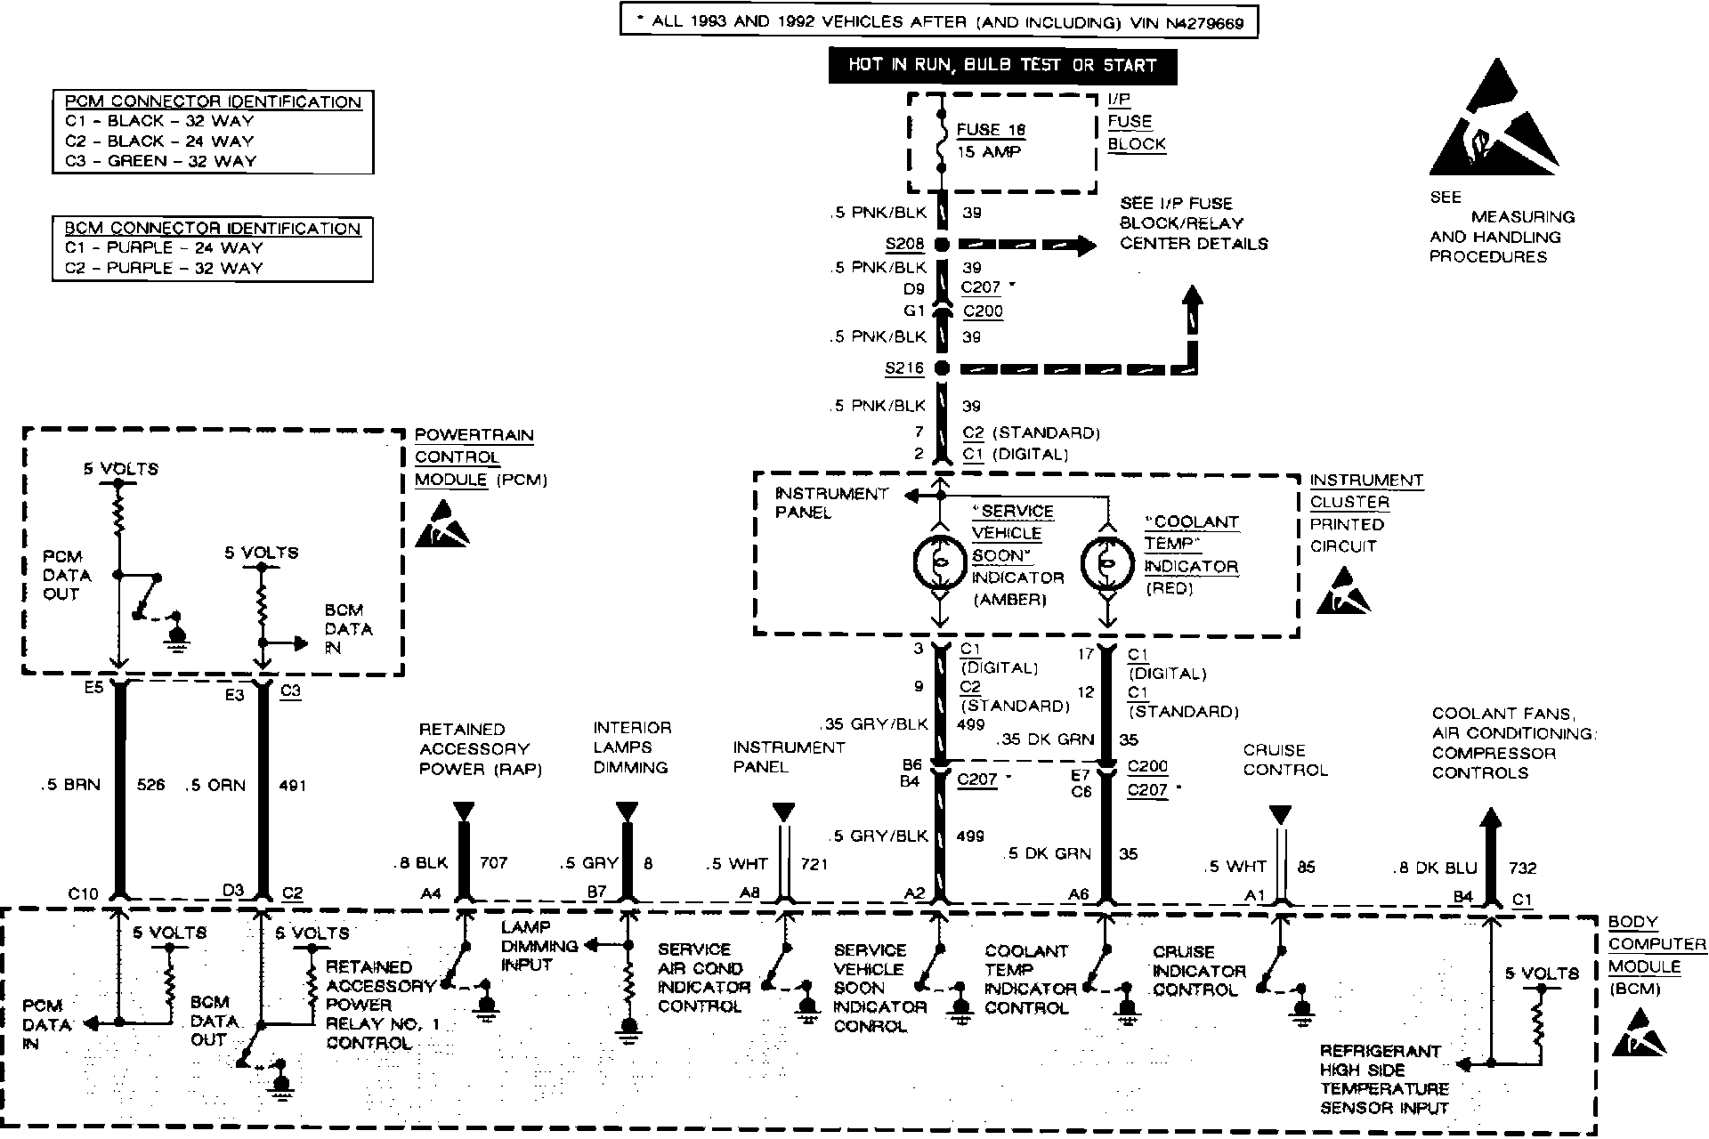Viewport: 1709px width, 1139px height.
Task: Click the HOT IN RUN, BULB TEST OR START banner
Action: pyautogui.click(x=1001, y=65)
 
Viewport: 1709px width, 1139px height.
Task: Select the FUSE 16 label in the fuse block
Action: pyautogui.click(x=991, y=130)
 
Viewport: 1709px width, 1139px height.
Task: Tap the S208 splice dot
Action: pyautogui.click(x=942, y=245)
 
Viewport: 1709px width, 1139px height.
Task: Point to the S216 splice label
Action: pyautogui.click(x=903, y=368)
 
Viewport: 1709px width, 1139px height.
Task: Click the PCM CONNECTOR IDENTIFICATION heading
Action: pyautogui.click(x=213, y=101)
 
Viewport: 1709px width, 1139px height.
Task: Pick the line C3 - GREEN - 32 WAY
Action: pyautogui.click(x=160, y=161)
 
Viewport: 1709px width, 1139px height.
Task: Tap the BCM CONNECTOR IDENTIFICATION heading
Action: pyautogui.click(x=213, y=229)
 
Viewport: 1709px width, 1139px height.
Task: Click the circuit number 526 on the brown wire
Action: pyautogui.click(x=151, y=786)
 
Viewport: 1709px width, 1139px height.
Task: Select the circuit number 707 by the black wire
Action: pyautogui.click(x=494, y=862)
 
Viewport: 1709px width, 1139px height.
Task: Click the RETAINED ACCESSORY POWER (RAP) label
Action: pyautogui.click(x=481, y=749)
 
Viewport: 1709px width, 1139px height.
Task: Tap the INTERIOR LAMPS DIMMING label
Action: pyautogui.click(x=632, y=747)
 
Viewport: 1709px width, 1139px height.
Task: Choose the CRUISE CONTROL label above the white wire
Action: pyautogui.click(x=1285, y=760)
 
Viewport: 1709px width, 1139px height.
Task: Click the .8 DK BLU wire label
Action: pyautogui.click(x=1436, y=868)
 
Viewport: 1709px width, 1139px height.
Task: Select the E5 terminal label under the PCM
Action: pyautogui.click(x=93, y=688)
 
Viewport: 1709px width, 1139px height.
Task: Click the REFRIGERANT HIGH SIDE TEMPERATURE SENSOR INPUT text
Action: pyautogui.click(x=1384, y=1078)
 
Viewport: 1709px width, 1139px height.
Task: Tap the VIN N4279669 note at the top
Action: pyautogui.click(x=938, y=22)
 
